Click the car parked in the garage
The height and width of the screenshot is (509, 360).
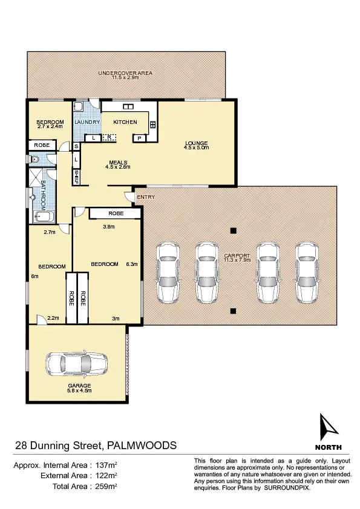76,364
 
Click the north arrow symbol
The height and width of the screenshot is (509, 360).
327,428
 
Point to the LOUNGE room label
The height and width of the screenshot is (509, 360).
196,143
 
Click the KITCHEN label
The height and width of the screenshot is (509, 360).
125,122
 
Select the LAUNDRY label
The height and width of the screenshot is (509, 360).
87,122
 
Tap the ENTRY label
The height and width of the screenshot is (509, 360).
146,197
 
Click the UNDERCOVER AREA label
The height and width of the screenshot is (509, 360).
126,73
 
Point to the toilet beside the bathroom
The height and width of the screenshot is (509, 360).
35,160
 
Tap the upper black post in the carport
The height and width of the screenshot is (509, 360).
233,230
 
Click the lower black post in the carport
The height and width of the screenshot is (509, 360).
233,311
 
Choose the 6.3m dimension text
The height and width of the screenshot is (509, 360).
131,264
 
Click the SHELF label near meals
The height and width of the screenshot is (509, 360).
77,177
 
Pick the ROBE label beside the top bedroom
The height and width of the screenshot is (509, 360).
42,145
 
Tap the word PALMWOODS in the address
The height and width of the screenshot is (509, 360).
142,446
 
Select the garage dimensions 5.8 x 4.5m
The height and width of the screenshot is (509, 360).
79,391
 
